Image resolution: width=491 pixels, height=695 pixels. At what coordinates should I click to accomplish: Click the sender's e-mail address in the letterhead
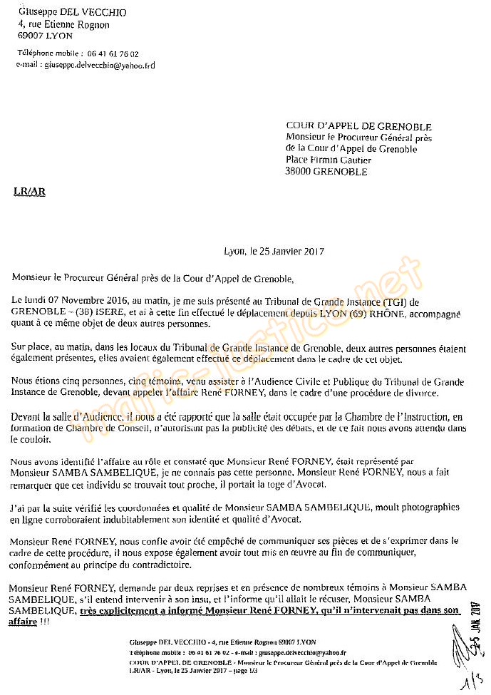coord(99,65)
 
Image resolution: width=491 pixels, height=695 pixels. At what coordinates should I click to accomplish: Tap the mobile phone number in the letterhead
coord(110,53)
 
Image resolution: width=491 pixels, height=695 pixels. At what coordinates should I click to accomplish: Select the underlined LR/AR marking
coord(29,192)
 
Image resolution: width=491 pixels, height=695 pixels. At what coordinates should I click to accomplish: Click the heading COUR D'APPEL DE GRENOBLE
coord(354,126)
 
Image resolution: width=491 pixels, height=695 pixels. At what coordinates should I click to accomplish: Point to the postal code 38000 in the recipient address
coord(299,171)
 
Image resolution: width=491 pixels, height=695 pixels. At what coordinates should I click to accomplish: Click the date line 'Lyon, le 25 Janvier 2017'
coord(274,252)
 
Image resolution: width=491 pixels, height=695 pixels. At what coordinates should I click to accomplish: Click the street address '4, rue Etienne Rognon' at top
coord(63,24)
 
